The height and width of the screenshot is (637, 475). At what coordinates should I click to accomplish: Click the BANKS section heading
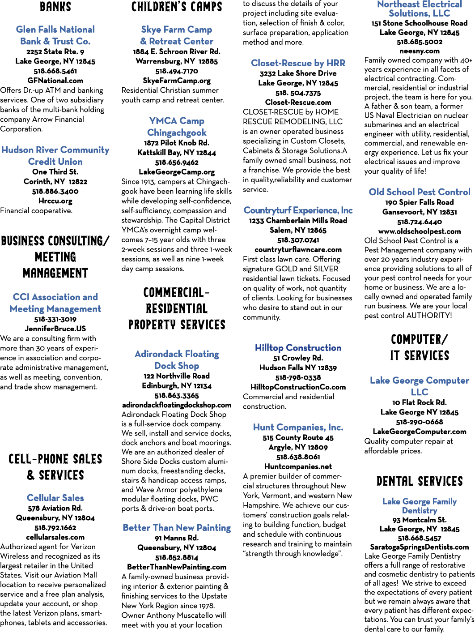click(x=55, y=7)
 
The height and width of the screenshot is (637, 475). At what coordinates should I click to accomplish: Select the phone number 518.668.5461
click(x=55, y=71)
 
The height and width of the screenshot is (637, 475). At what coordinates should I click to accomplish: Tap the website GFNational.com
click(x=55, y=81)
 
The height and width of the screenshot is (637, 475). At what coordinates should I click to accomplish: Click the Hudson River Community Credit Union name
click(x=55, y=155)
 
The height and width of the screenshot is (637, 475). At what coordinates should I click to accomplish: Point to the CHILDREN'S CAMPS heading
click(x=177, y=7)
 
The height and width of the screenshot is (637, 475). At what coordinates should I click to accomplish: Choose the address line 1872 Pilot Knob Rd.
click(x=177, y=143)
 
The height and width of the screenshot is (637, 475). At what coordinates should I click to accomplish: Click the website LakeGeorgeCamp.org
click(x=177, y=172)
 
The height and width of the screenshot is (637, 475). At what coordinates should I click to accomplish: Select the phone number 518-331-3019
click(x=55, y=320)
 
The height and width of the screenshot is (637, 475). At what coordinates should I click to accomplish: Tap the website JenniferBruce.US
click(x=55, y=329)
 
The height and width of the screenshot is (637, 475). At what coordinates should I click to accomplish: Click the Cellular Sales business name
click(x=55, y=498)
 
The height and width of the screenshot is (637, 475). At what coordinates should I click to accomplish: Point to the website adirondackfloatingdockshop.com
click(x=177, y=405)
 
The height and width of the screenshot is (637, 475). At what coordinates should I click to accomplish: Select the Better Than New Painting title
click(x=177, y=528)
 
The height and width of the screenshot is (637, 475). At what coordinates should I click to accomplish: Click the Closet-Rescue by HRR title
click(x=298, y=63)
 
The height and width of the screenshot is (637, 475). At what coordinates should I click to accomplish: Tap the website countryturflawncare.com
click(x=298, y=250)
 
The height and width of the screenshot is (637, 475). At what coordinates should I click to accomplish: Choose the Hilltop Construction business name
click(x=298, y=348)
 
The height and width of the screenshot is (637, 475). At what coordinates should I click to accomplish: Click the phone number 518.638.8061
click(x=298, y=457)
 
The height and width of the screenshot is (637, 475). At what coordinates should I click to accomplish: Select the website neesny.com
click(x=420, y=51)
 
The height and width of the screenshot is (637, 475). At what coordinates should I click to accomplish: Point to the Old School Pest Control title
click(x=420, y=192)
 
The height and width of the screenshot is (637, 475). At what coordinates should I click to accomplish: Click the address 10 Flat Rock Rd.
click(x=420, y=402)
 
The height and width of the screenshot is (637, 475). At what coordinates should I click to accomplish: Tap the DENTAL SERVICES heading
click(x=420, y=481)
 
